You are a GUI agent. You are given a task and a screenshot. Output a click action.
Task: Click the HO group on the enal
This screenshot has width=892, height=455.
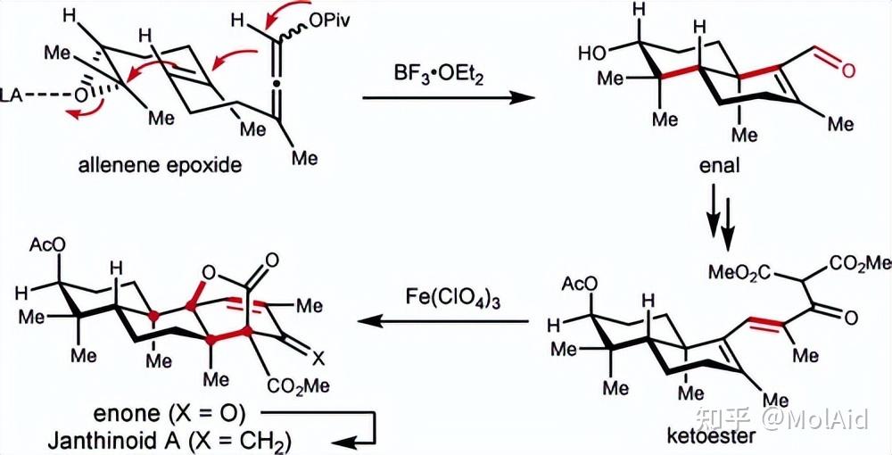tap(593, 54)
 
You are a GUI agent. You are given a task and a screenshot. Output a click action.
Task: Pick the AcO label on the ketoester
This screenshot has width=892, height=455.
tap(580, 284)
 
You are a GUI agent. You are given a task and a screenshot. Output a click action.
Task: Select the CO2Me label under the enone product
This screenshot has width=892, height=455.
tap(299, 387)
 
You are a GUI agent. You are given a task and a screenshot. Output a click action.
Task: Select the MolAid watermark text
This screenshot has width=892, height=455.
tap(815, 420)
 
